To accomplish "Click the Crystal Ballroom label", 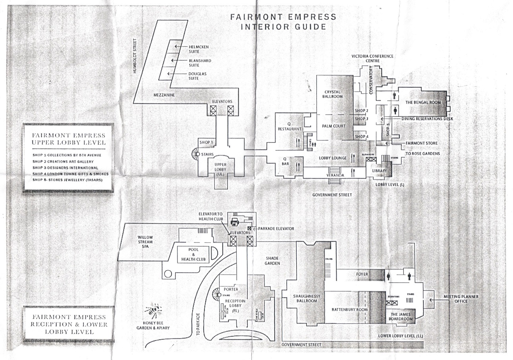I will pyautogui.click(x=333, y=94).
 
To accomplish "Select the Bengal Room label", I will pyautogui.click(x=423, y=102).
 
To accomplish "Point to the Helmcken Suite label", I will pyautogui.click(x=199, y=49).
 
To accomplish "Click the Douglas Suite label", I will pyautogui.click(x=197, y=76).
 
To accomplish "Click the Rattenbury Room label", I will pyautogui.click(x=350, y=310).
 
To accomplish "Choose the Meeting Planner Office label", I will pyautogui.click(x=461, y=299).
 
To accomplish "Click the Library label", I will pyautogui.click(x=380, y=170).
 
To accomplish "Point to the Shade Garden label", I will pyautogui.click(x=273, y=261).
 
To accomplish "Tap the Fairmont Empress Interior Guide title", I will pyautogui.click(x=283, y=22).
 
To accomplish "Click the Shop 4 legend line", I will pyautogui.click(x=70, y=174).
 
